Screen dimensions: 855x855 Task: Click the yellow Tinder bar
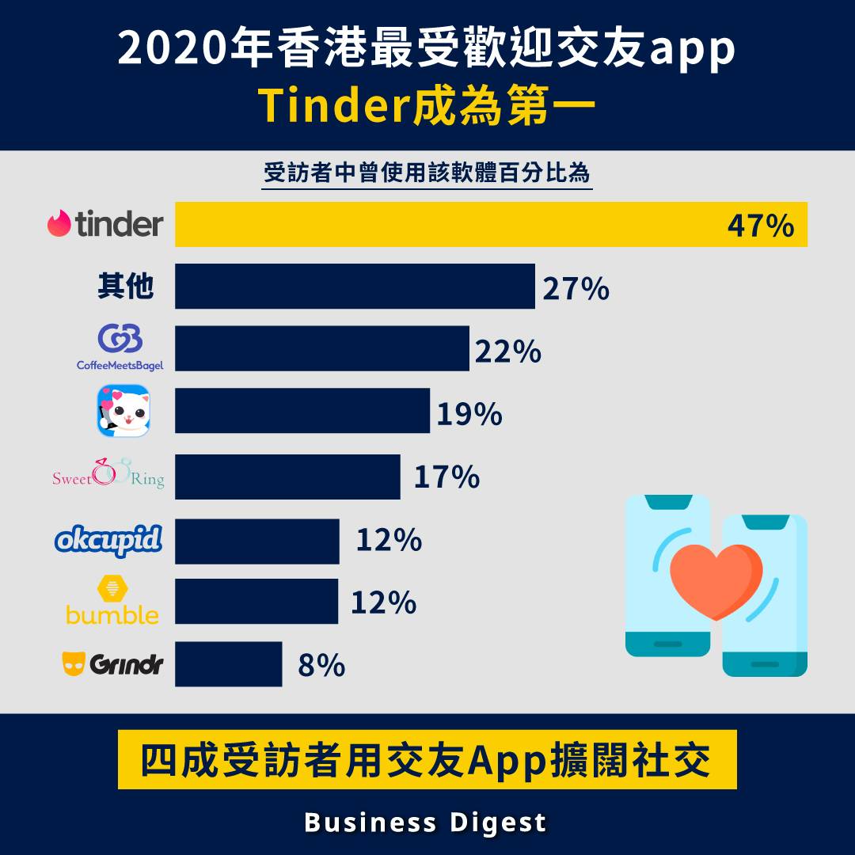tap(443, 225)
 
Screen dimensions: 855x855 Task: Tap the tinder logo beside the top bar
tap(105, 224)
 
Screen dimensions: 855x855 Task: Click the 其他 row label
tap(125, 287)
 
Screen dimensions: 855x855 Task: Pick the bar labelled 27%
tap(355, 287)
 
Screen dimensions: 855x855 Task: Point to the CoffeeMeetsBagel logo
tap(120, 348)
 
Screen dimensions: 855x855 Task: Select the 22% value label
tap(508, 351)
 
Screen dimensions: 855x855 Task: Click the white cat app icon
tap(123, 410)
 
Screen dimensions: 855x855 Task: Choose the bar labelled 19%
tap(302, 410)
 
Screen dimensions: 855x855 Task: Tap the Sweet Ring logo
tap(108, 475)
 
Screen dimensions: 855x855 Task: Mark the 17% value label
tap(446, 477)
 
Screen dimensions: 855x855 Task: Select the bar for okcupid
tap(257, 541)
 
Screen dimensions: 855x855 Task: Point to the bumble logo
tap(112, 602)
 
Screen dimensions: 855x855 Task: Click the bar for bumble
tap(256, 602)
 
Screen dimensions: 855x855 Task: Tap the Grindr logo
tap(112, 663)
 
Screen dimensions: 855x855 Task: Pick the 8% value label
tap(321, 666)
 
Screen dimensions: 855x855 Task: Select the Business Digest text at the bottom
tap(426, 822)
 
